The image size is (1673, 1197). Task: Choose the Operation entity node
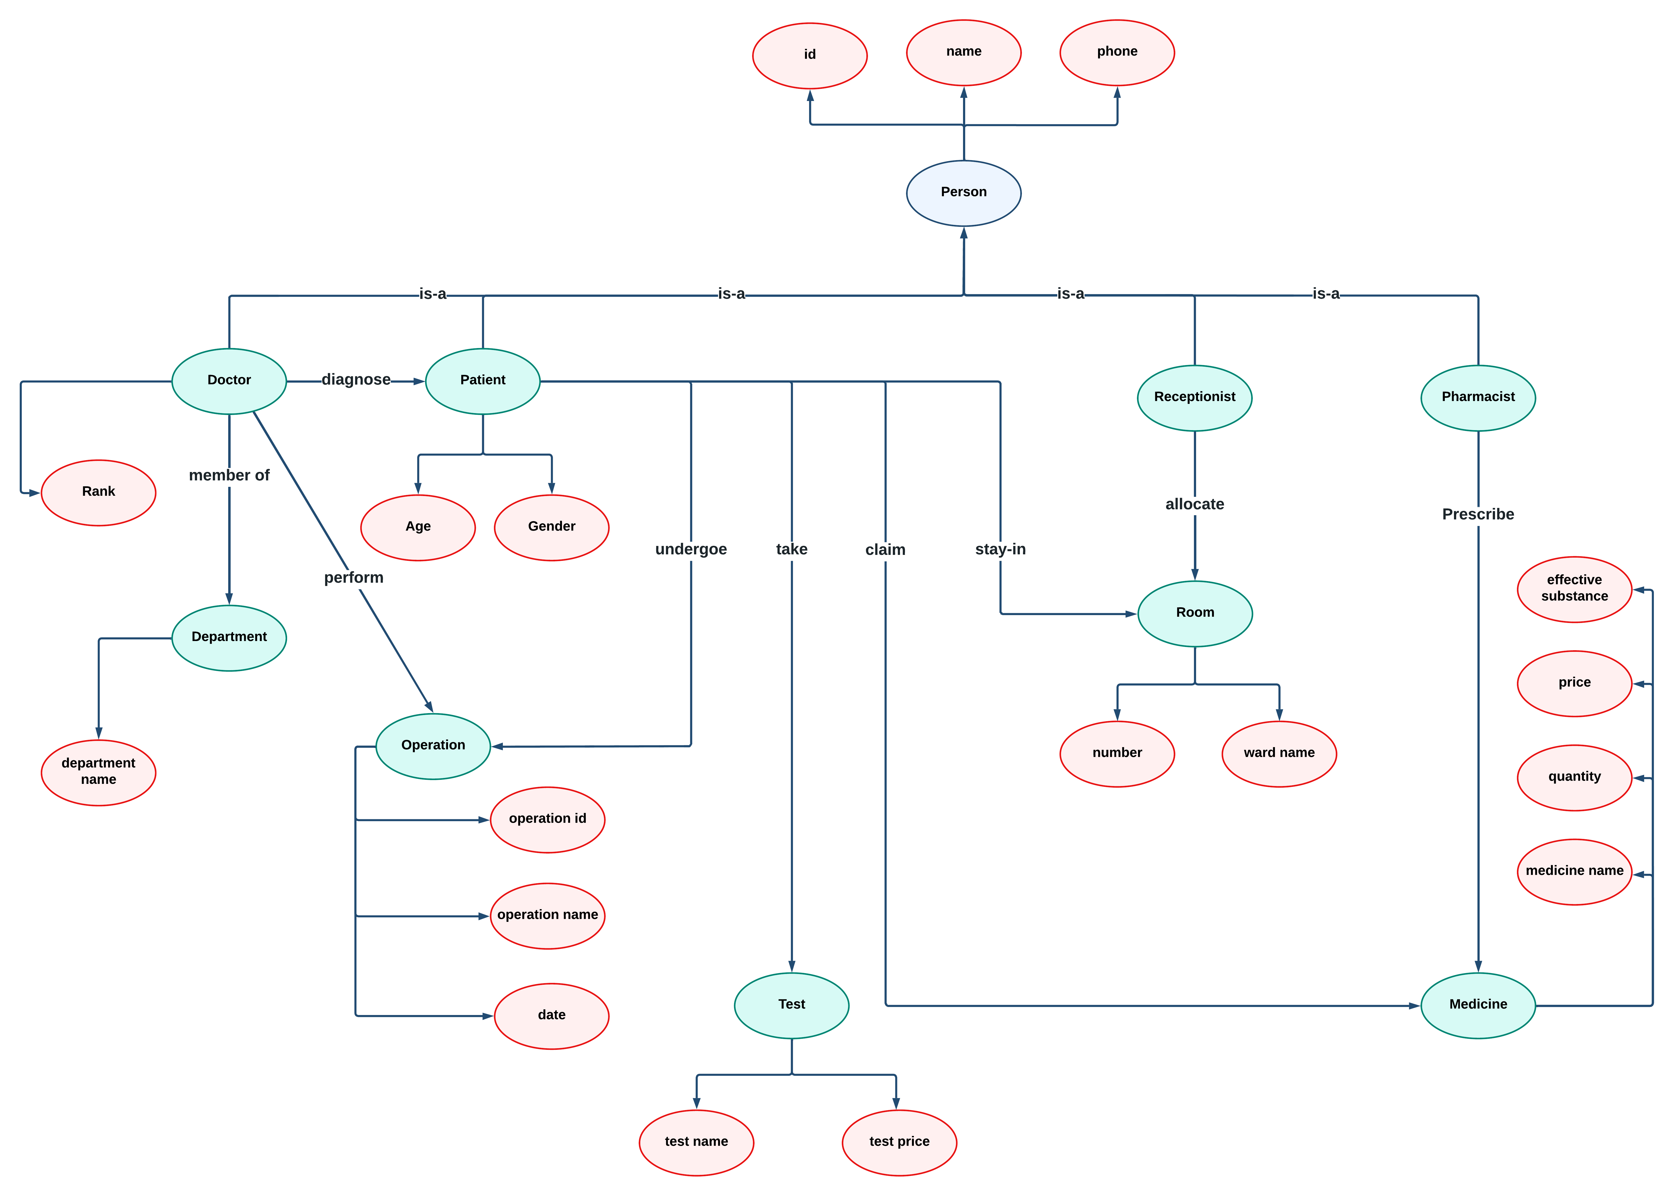pos(433,746)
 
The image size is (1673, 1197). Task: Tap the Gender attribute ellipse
pos(551,527)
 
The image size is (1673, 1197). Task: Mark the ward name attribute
pos(1279,753)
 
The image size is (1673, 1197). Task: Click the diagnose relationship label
pos(356,380)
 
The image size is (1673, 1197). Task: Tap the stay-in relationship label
pos(1000,549)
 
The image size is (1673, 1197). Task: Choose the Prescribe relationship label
pos(1478,514)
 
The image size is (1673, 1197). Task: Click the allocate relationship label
pos(1194,504)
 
